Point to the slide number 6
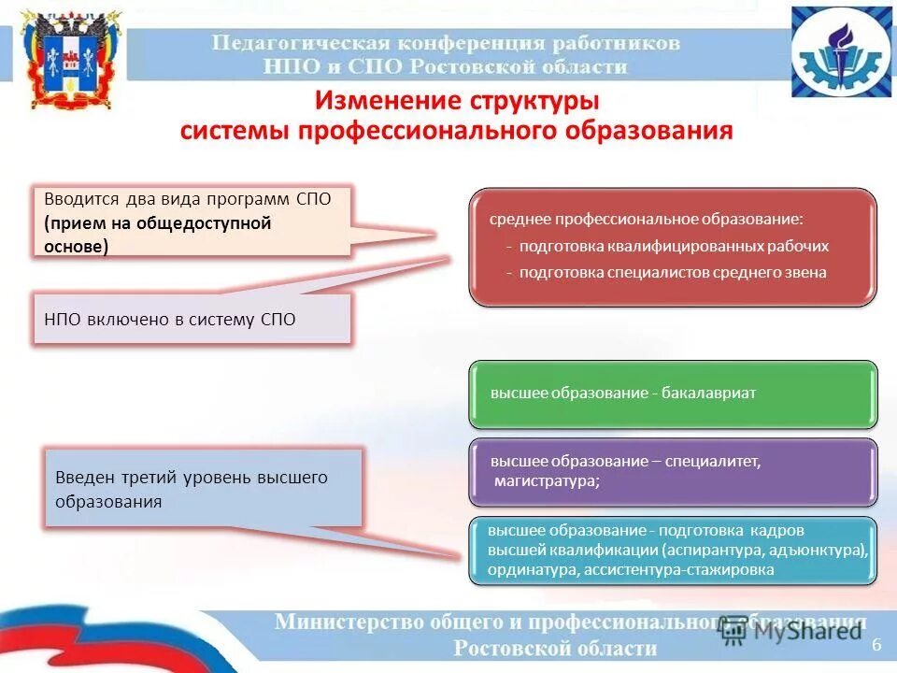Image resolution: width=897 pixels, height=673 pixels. coord(876,646)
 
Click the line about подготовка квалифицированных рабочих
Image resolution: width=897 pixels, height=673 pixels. coord(673,247)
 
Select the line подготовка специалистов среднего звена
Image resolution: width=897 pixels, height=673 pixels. coord(673,273)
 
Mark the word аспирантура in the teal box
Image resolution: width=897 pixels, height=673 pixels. coord(710,550)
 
